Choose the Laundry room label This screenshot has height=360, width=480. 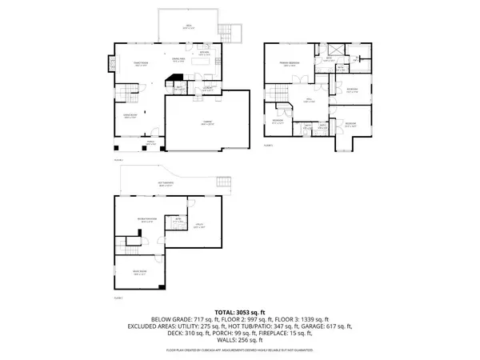[206, 88]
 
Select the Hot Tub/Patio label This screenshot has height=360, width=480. [167, 184]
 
